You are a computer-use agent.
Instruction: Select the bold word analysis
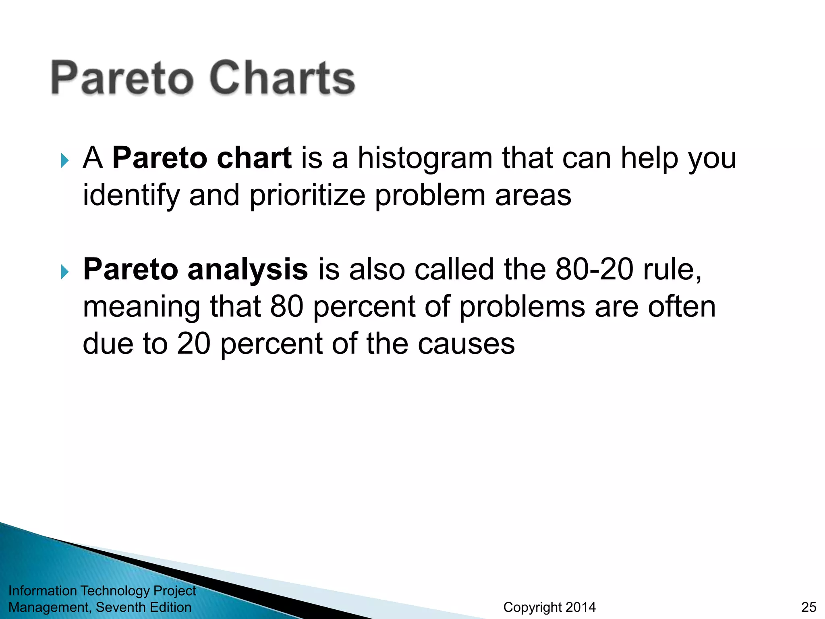click(x=248, y=270)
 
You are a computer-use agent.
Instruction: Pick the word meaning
click(x=141, y=307)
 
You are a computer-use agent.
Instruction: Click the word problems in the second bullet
click(x=522, y=307)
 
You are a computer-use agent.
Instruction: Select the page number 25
click(x=808, y=607)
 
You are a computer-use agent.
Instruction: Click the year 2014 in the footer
click(x=580, y=607)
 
